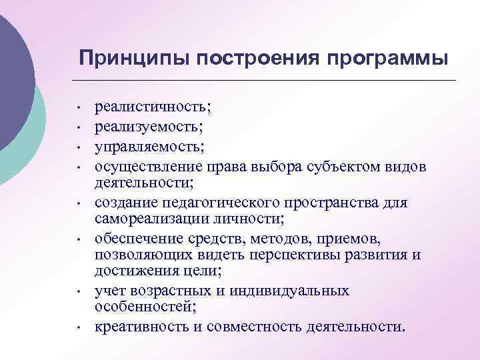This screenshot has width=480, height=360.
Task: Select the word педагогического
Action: click(225, 203)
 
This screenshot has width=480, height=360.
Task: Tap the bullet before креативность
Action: click(79, 328)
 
